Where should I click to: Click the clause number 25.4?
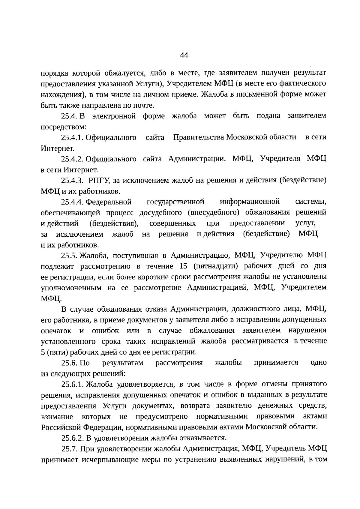point(70,116)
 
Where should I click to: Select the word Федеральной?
point(109,202)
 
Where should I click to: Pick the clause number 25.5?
point(70,256)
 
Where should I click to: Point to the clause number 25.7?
point(70,449)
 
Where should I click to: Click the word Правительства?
point(199,138)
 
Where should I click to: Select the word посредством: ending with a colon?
point(64,127)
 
